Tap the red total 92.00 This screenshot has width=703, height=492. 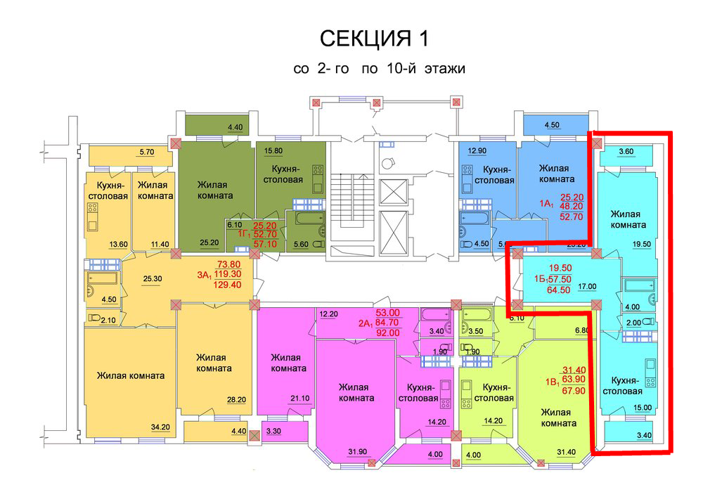(387, 333)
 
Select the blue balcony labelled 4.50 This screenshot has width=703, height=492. (553, 126)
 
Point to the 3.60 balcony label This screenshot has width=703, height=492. (626, 150)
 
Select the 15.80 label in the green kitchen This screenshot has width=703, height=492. (273, 150)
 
